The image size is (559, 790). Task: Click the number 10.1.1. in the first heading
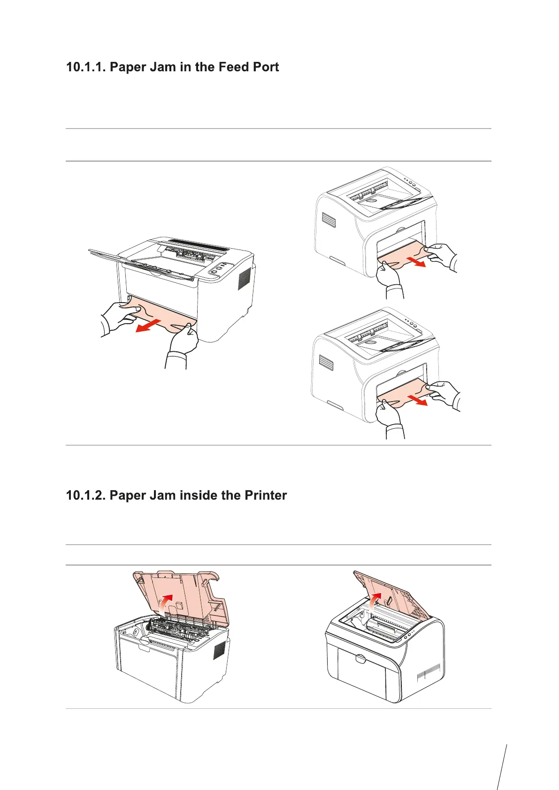(86, 67)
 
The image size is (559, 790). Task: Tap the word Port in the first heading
(266, 67)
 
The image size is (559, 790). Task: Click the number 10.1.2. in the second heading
(86, 495)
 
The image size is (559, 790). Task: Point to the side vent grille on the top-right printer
(327, 220)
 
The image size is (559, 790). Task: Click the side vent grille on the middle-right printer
(325, 361)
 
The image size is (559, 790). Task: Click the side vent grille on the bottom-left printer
(219, 651)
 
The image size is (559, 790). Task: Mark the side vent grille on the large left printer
(245, 280)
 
